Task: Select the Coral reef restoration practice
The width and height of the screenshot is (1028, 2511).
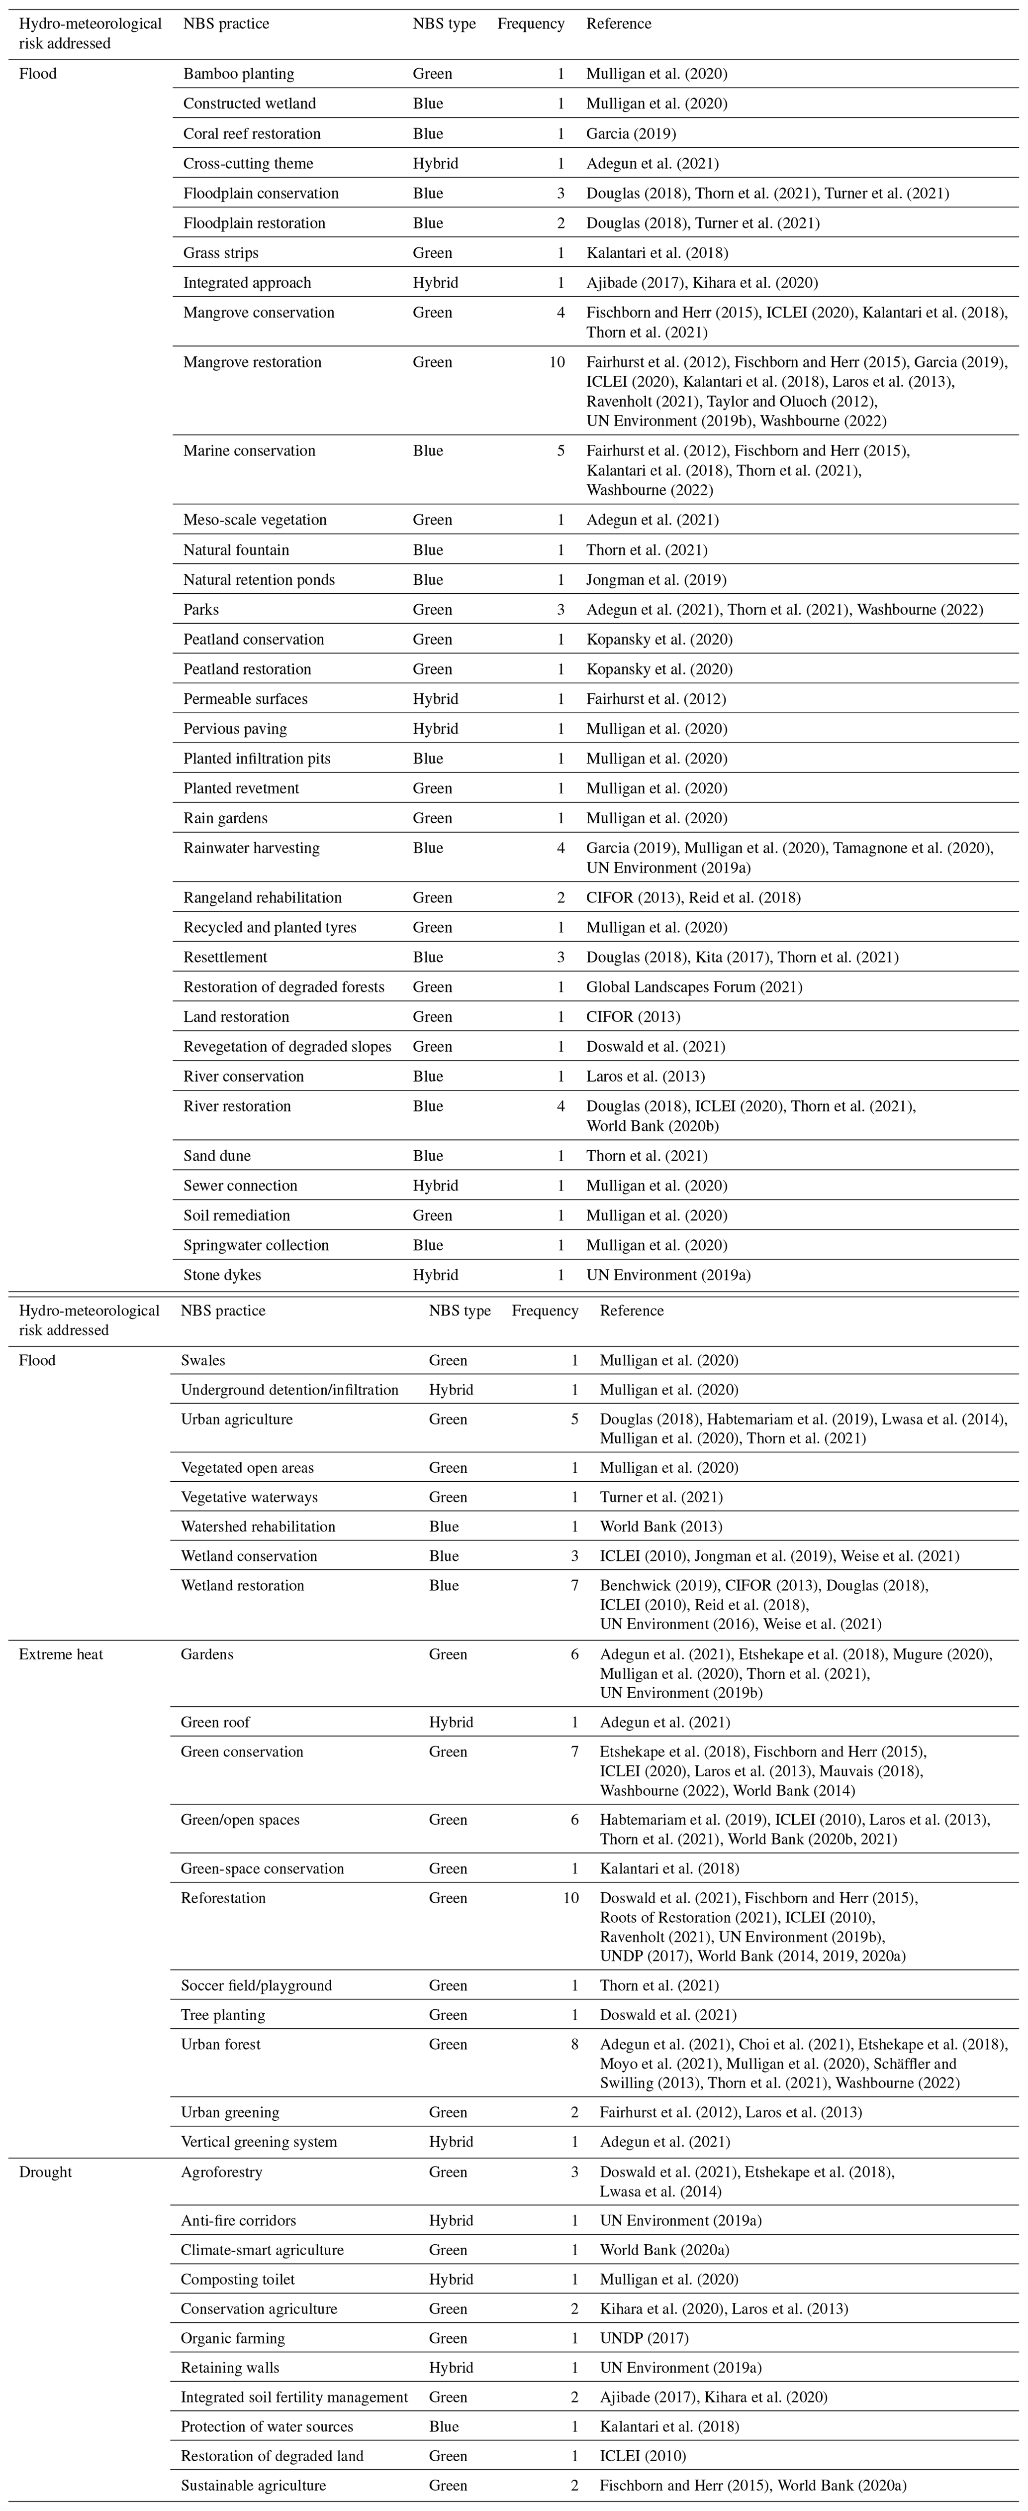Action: pos(251,133)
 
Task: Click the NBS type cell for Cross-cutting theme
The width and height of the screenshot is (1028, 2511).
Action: pos(436,164)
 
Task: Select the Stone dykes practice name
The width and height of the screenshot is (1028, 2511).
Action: pos(222,1275)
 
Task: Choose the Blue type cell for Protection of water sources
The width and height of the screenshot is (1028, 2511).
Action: pos(443,2426)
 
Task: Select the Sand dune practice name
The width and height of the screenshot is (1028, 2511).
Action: pos(217,1156)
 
